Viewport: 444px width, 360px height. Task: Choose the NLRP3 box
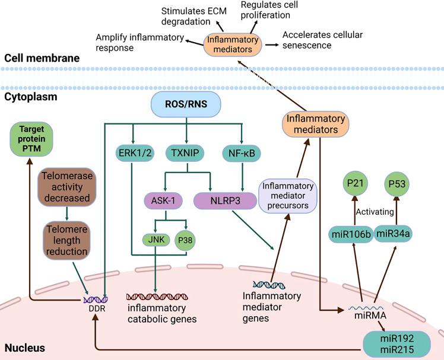click(x=220, y=200)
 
